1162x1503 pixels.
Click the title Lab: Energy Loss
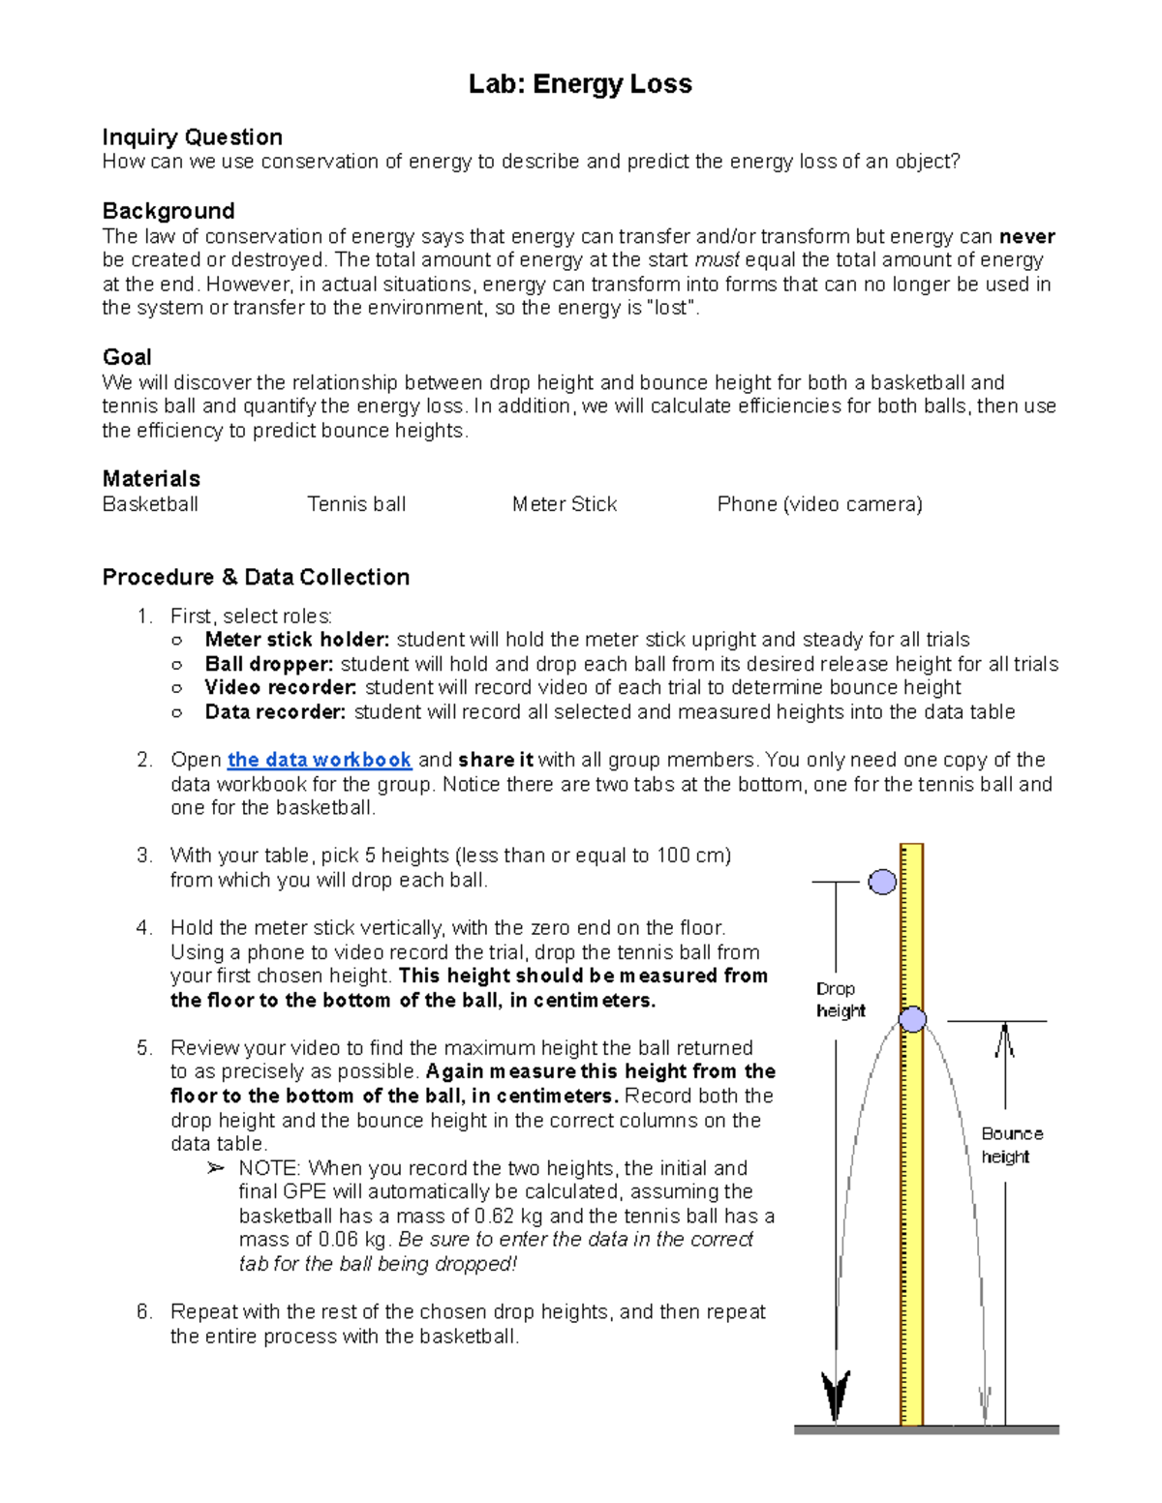580,84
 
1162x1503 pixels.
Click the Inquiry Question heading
192,137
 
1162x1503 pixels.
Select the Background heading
168,211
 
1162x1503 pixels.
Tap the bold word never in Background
1026,236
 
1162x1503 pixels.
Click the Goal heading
127,357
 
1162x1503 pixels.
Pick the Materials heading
151,479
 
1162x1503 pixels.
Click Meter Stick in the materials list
564,504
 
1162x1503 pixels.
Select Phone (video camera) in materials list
819,504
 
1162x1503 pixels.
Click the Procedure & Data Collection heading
256,577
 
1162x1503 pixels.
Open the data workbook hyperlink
320,760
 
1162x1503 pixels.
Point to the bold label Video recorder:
280,688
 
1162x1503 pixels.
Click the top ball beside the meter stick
882,882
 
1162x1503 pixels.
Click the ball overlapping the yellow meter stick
912,1018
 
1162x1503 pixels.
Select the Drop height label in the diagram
839,1000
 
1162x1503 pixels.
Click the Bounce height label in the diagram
1011,1145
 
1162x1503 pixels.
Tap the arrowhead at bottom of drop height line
836,1394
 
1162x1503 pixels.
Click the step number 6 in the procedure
143,1312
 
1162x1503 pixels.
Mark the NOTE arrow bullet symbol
215,1169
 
